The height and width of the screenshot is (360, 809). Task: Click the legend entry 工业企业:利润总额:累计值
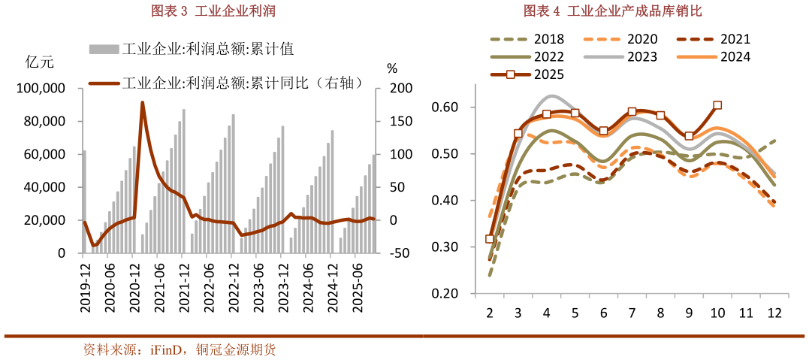pyautogui.click(x=191, y=49)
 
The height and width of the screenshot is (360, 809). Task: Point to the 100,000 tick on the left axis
pyautogui.click(x=42, y=89)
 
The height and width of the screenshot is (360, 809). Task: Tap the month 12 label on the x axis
pyautogui.click(x=774, y=312)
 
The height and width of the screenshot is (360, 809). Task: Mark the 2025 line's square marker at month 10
pyautogui.click(x=717, y=105)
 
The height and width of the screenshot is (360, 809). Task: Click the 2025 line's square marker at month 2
pyautogui.click(x=490, y=239)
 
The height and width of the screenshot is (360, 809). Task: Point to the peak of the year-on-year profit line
pyautogui.click(x=142, y=103)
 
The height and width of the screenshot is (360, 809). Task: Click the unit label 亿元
pyautogui.click(x=39, y=63)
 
